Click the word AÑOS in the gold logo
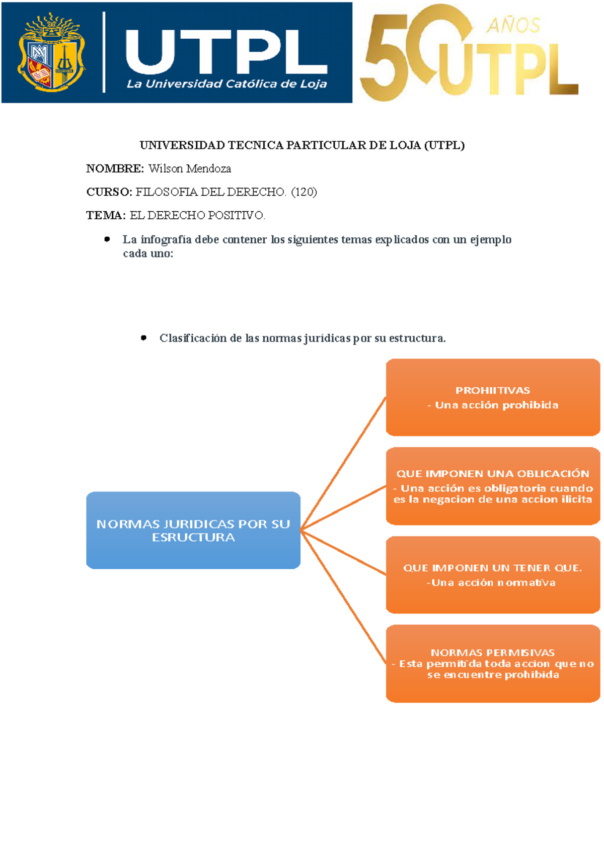pyautogui.click(x=513, y=25)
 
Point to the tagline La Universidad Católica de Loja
pyautogui.click(x=226, y=84)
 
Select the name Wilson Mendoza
pyautogui.click(x=190, y=168)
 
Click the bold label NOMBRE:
pyautogui.click(x=115, y=168)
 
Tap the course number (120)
pyautogui.click(x=304, y=192)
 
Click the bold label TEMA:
pyautogui.click(x=106, y=215)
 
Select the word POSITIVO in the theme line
pyautogui.click(x=236, y=215)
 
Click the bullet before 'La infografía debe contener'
pyautogui.click(x=107, y=239)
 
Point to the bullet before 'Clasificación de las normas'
pyautogui.click(x=144, y=338)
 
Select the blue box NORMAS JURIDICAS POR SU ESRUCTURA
pyautogui.click(x=193, y=530)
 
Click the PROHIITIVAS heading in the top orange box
pyautogui.click(x=492, y=390)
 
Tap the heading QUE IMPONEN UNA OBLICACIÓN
pyautogui.click(x=492, y=473)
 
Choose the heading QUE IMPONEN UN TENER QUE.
pyautogui.click(x=492, y=568)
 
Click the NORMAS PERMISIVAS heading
pyautogui.click(x=492, y=652)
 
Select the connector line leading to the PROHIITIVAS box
pyautogui.click(x=343, y=464)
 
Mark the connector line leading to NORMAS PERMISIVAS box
pyautogui.click(x=343, y=596)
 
